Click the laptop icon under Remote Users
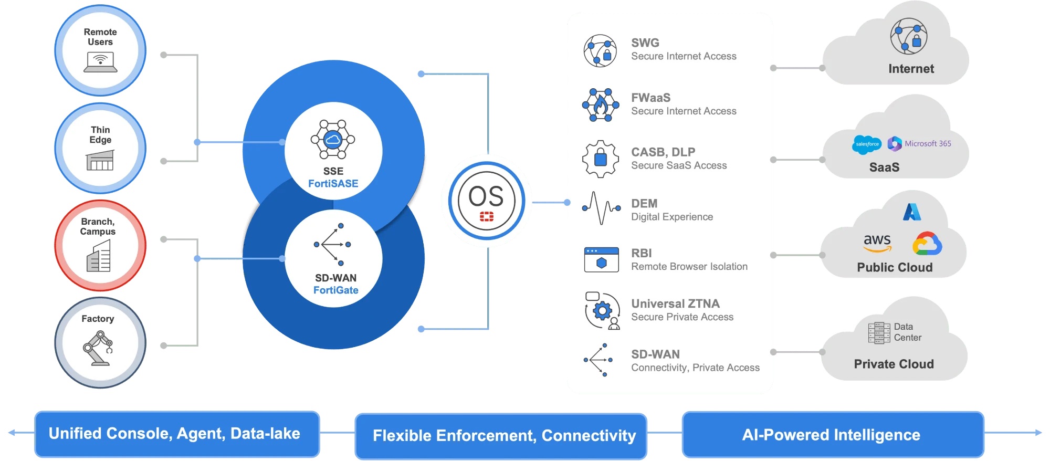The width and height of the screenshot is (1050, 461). [100, 62]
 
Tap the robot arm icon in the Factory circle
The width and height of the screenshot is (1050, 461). [98, 348]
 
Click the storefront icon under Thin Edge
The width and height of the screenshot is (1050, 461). [100, 160]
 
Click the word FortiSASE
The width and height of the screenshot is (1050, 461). [333, 184]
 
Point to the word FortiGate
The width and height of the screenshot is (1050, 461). [335, 290]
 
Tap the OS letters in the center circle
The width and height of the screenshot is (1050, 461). [486, 196]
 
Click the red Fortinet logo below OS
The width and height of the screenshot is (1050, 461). [487, 216]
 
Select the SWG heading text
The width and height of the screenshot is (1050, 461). [645, 43]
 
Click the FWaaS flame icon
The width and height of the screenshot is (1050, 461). [601, 105]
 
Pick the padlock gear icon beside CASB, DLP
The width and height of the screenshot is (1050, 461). [601, 159]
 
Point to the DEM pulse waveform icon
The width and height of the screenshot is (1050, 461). [602, 208]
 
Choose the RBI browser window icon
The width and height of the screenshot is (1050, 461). [602, 259]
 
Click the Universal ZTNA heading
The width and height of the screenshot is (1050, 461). [675, 303]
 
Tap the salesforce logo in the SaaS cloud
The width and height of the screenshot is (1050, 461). [867, 144]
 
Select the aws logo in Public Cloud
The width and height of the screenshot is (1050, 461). [877, 242]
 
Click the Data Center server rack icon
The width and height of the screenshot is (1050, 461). [879, 333]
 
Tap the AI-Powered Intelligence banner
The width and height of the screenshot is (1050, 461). [833, 435]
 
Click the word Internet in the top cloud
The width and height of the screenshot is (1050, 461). [911, 69]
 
